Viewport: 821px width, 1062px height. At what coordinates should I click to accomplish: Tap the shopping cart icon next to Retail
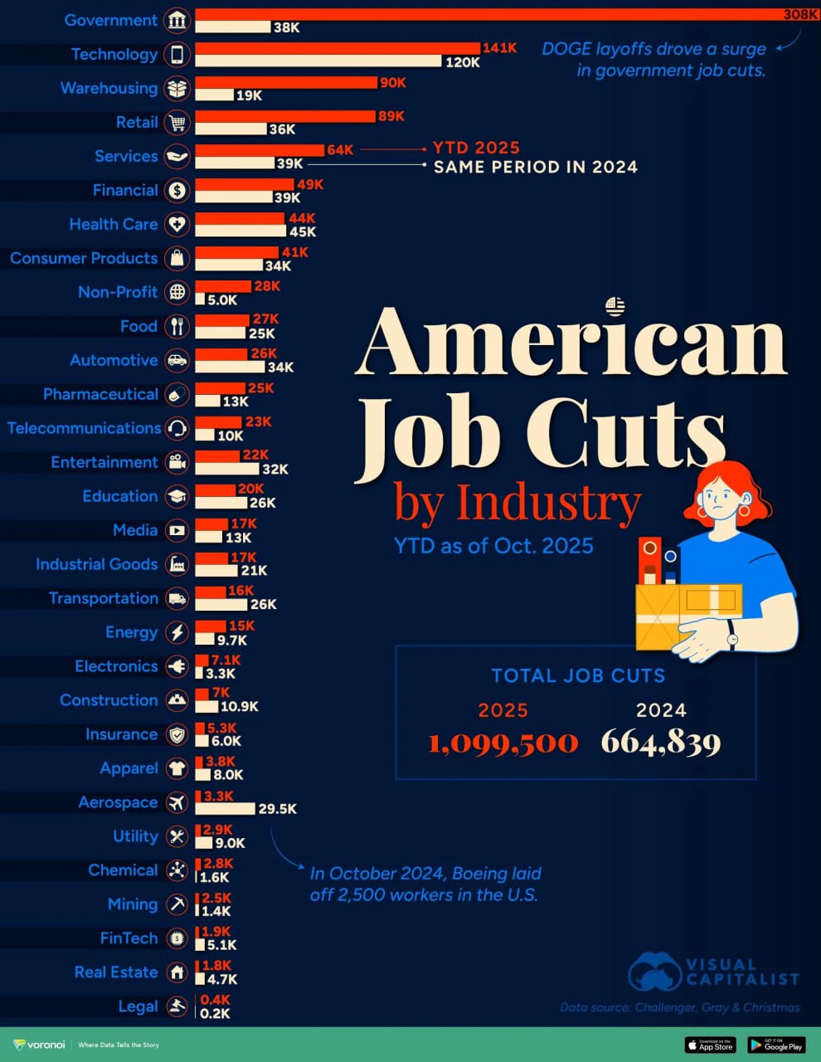tap(177, 123)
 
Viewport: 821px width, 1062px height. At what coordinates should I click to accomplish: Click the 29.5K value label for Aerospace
tap(277, 808)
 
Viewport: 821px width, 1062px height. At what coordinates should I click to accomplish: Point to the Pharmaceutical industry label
tap(100, 394)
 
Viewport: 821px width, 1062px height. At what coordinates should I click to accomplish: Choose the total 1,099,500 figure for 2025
tap(503, 742)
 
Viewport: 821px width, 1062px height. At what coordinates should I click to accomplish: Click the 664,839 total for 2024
tap(661, 742)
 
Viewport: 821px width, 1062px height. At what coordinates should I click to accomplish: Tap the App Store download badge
tap(710, 1045)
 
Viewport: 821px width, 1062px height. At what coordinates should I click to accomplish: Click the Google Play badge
tap(776, 1045)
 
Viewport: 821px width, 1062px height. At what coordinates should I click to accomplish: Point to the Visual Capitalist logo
tap(713, 972)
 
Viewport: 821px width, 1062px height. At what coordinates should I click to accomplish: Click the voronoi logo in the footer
tap(40, 1045)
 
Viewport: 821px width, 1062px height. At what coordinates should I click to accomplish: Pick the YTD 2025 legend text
tap(476, 148)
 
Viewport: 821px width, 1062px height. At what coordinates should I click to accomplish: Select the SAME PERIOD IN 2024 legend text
tap(536, 167)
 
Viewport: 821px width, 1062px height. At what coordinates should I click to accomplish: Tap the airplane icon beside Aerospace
tap(177, 802)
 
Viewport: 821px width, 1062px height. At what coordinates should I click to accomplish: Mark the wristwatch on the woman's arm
tap(732, 640)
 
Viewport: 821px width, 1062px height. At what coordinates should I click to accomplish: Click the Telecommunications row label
tap(84, 428)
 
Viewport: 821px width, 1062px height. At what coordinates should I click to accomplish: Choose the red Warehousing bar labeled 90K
tap(285, 82)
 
